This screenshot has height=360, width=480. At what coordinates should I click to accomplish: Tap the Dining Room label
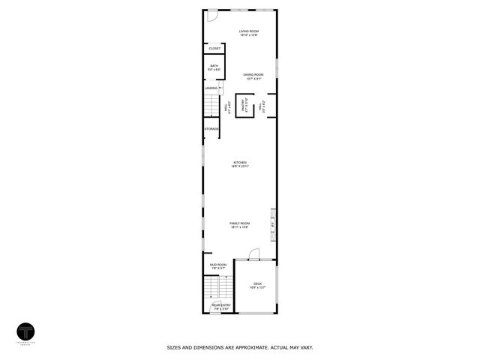253,74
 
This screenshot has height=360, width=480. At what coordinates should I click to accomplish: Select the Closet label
214,49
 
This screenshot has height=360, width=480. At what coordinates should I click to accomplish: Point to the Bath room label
214,66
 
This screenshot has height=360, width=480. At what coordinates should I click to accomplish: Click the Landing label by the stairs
211,88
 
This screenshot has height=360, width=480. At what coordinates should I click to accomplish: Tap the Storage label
211,129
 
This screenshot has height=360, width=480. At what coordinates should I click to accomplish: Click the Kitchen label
240,162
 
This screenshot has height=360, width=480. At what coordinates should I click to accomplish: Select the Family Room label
240,223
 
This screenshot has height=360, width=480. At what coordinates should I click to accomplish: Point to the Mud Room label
217,265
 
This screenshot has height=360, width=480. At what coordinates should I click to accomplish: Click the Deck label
257,283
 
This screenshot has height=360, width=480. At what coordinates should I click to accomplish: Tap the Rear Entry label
220,305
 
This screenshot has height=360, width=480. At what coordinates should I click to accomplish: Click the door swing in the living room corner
212,16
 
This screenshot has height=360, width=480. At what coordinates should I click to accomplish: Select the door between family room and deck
253,254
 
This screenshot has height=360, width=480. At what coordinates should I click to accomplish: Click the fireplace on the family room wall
273,223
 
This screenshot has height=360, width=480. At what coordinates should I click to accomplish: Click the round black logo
25,331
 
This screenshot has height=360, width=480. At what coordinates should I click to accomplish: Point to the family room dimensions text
240,227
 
